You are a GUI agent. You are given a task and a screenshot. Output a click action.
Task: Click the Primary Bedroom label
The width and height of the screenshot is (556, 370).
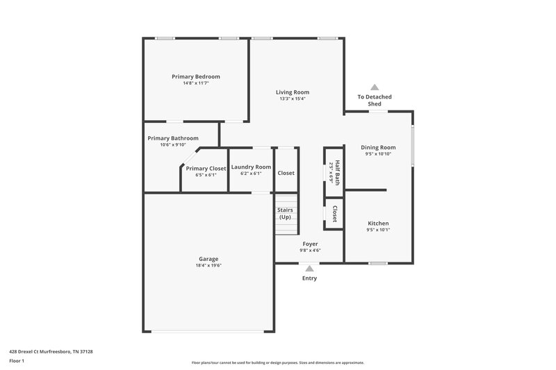pyautogui.click(x=196, y=76)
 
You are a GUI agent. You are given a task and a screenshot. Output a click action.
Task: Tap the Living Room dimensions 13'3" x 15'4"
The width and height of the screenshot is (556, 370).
pyautogui.click(x=292, y=99)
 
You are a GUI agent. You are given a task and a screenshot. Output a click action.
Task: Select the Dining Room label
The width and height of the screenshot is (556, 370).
pyautogui.click(x=378, y=147)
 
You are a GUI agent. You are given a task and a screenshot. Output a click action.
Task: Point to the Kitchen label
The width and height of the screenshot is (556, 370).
pyautogui.click(x=378, y=223)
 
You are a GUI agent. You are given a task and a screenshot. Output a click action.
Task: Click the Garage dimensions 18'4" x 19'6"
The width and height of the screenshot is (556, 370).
pyautogui.click(x=208, y=265)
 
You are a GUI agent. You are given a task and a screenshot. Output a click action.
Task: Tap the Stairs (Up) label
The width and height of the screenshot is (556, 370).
pyautogui.click(x=285, y=213)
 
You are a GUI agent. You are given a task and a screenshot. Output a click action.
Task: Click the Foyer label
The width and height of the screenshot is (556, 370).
pyautogui.click(x=310, y=244)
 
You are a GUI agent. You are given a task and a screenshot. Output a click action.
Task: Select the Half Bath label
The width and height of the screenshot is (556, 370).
pyautogui.click(x=337, y=171)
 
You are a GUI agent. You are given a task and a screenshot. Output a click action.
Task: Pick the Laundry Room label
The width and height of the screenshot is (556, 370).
pyautogui.click(x=251, y=167)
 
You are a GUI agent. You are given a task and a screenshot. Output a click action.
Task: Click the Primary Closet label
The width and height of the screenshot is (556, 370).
pyautogui.click(x=206, y=168)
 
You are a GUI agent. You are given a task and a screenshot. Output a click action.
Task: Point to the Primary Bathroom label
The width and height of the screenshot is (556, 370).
pyautogui.click(x=173, y=138)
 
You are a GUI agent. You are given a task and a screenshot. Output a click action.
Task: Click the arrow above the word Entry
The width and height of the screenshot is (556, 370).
pyautogui.click(x=310, y=267)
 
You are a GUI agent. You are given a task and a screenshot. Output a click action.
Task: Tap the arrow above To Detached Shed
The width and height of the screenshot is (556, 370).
pyautogui.click(x=375, y=87)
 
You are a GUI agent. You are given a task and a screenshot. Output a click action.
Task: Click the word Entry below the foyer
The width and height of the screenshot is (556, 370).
pyautogui.click(x=309, y=278)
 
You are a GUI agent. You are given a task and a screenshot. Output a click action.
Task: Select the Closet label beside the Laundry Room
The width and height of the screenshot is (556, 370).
pyautogui.click(x=286, y=173)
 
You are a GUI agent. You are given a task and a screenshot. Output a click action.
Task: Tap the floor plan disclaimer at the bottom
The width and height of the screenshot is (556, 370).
pyautogui.click(x=278, y=362)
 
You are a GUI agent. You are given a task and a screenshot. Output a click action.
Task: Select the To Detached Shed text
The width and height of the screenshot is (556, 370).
pyautogui.click(x=375, y=100)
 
